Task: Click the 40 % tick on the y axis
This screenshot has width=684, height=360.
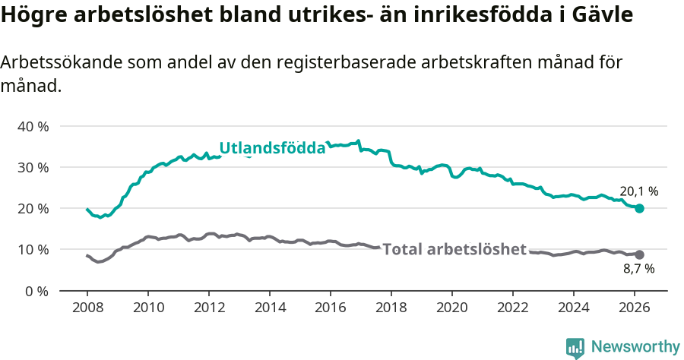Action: [32, 126]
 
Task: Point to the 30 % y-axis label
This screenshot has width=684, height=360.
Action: [32, 167]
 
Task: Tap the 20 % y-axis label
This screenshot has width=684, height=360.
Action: [32, 208]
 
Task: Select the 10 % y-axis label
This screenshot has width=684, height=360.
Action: [32, 249]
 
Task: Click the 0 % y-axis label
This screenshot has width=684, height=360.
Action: [36, 291]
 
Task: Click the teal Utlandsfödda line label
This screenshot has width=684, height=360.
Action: [272, 148]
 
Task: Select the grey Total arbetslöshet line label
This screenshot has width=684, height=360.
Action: [454, 249]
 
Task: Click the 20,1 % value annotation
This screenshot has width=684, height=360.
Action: [638, 191]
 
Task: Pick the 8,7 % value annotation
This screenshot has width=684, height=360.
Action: [638, 268]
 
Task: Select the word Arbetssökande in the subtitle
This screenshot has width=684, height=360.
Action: [55, 63]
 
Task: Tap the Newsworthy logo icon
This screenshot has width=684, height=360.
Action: [575, 347]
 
